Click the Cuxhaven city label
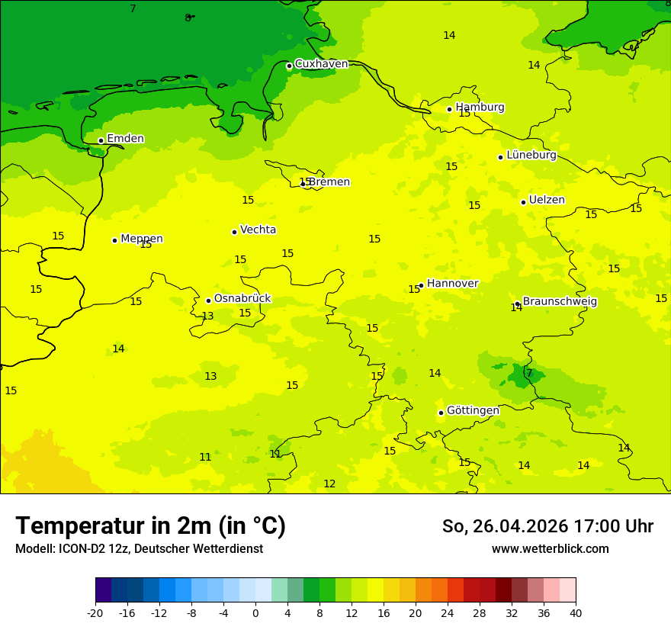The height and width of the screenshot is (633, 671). coord(321,64)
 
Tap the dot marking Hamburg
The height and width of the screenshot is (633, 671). coord(449,109)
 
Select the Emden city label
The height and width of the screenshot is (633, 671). coord(125,139)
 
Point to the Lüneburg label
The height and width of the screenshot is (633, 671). coord(531,155)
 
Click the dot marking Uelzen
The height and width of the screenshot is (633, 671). coord(523,202)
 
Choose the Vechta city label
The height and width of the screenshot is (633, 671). coord(258,230)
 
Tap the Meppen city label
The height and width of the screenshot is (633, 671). coord(141,239)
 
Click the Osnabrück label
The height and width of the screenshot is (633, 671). coord(242,299)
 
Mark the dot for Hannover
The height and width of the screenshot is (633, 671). coord(421,285)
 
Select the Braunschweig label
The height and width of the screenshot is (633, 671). coord(559,301)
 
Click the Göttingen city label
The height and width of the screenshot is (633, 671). coord(473,410)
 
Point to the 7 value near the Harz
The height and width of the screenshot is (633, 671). coord(529,373)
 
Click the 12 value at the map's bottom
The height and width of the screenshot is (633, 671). coord(329,484)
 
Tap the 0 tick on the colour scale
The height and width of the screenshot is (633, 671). coord(255,612)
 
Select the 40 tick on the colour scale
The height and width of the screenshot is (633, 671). coord(575,612)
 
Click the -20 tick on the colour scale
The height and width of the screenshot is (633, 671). coord(95,612)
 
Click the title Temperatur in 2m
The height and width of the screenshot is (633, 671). coord(150,526)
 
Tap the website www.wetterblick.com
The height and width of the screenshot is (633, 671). coord(550,549)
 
